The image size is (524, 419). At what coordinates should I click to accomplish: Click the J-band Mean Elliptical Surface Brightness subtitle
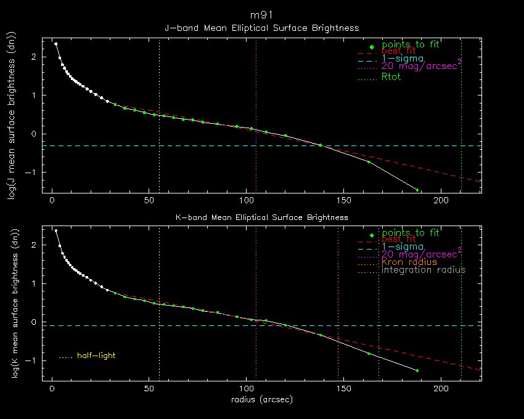[261, 28]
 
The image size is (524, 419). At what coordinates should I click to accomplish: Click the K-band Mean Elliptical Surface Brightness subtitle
[261, 217]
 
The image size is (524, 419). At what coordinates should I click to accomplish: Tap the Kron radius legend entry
[409, 262]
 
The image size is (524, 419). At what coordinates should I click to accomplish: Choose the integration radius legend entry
[424, 270]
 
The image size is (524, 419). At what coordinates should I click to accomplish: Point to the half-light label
[96, 356]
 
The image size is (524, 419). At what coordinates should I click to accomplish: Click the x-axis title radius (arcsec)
[261, 399]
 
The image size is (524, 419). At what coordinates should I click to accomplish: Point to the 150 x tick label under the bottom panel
[343, 389]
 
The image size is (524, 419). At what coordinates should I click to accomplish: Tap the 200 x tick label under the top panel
[441, 201]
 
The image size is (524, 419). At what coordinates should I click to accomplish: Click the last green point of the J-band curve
[417, 190]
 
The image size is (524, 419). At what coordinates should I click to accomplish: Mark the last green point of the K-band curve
[417, 370]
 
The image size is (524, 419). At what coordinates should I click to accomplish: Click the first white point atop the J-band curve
[55, 44]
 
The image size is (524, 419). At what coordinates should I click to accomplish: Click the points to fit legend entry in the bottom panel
[410, 233]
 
